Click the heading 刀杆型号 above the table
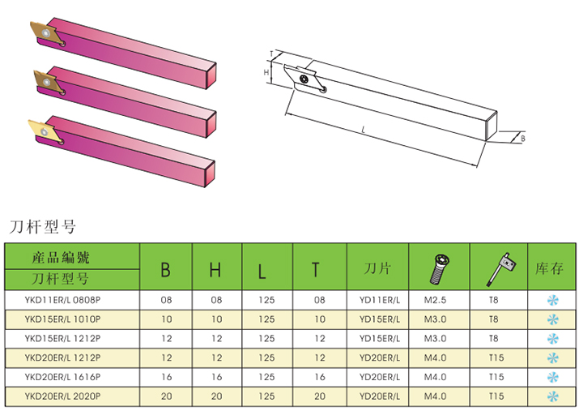pos(41,225)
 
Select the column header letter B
pos(165,269)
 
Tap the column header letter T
pos(316,269)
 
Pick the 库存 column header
pos(550,268)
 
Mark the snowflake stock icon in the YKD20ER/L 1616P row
pos(553,378)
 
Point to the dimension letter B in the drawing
pos(522,139)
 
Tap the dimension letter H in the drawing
pos(266,72)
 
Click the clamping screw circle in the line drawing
pos(304,79)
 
